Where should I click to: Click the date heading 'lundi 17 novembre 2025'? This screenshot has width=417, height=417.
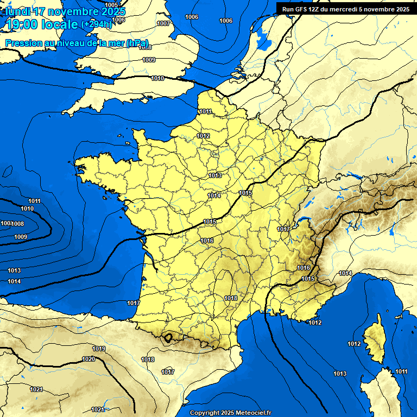click(x=65, y=11)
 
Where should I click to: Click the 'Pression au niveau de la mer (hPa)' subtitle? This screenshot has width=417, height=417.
click(x=77, y=43)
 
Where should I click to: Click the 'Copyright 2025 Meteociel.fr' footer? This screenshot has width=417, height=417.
click(x=230, y=413)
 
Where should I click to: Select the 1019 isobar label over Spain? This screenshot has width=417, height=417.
click(x=99, y=349)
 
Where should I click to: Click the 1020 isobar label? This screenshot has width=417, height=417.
click(x=89, y=359)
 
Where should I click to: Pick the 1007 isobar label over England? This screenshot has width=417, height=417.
click(x=163, y=23)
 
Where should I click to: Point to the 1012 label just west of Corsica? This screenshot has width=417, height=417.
click(x=354, y=344)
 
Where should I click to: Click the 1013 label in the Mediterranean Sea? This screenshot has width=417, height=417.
click(x=340, y=374)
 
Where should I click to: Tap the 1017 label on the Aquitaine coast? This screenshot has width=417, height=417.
click(x=134, y=302)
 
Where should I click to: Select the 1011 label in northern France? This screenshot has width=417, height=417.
click(x=205, y=111)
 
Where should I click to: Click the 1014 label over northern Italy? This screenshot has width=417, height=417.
click(x=345, y=273)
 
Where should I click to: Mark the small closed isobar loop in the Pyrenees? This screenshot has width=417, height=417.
click(x=169, y=337)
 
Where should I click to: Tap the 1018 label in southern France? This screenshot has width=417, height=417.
click(x=231, y=298)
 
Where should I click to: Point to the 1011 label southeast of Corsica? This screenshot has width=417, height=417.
click(x=401, y=371)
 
